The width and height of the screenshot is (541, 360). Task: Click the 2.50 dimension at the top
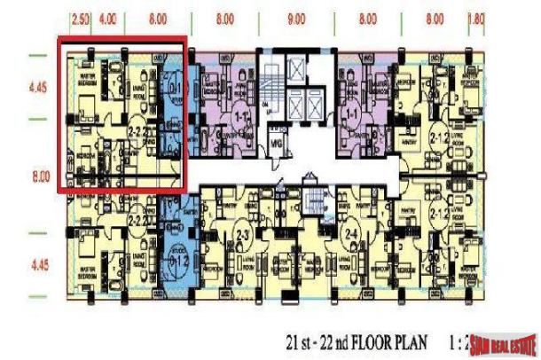[82, 17]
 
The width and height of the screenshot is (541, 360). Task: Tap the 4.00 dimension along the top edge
[110, 17]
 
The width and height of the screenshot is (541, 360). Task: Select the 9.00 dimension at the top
[296, 17]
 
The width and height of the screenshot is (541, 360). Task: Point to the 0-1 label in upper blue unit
[175, 87]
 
